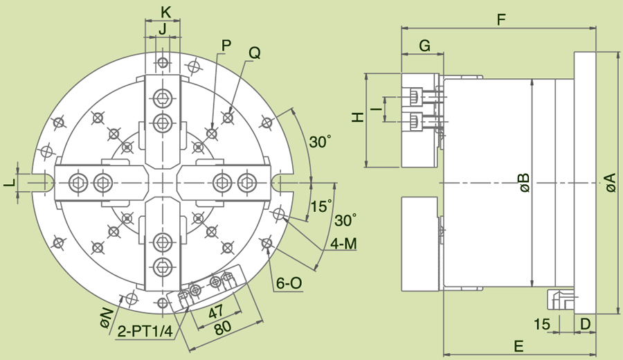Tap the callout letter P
pyautogui.click(x=226, y=46)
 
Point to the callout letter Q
pyautogui.click(x=255, y=53)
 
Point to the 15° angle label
pyautogui.click(x=320, y=206)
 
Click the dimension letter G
pyautogui.click(x=424, y=46)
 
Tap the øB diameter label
pyautogui.click(x=523, y=183)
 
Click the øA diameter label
pyautogui.click(x=609, y=183)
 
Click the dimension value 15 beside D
pyautogui.click(x=542, y=323)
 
